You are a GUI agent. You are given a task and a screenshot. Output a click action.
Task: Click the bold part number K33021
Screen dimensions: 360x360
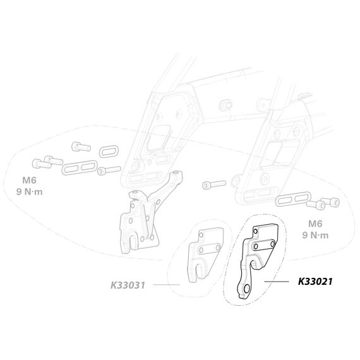pyautogui.click(x=315, y=281)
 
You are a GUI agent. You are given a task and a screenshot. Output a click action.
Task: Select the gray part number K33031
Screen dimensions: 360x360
pyautogui.click(x=128, y=285)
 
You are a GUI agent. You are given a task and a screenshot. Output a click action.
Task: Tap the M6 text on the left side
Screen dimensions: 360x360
pyautogui.click(x=30, y=180)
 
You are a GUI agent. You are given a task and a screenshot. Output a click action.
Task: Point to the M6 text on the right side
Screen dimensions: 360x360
pyautogui.click(x=315, y=224)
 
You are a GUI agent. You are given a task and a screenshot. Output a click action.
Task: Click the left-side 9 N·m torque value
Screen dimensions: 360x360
pyautogui.click(x=30, y=191)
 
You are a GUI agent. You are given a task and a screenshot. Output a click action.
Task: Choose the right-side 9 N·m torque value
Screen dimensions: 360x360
pyautogui.click(x=315, y=235)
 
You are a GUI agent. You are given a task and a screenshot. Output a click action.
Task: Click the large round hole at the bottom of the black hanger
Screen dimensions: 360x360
pyautogui.click(x=247, y=289)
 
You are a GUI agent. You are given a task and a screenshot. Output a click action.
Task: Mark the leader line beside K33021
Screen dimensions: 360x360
pyautogui.click(x=277, y=281)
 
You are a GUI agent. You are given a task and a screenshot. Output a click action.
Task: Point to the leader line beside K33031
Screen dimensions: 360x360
pyautogui.click(x=166, y=285)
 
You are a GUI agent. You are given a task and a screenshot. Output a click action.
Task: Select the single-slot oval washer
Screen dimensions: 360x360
pyautogui.click(x=109, y=152)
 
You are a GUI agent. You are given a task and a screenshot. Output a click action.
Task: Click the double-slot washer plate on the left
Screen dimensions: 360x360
pyautogui.click(x=80, y=167)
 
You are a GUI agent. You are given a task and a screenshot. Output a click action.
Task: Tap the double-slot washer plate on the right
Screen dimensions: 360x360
pyautogui.click(x=293, y=199)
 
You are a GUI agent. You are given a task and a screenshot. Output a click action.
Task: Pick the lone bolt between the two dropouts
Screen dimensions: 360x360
pyautogui.click(x=214, y=184)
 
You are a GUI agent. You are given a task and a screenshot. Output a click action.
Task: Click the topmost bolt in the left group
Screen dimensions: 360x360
pyautogui.click(x=81, y=147)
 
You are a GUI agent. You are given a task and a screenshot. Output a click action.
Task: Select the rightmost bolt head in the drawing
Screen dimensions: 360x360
pyautogui.click(x=334, y=202)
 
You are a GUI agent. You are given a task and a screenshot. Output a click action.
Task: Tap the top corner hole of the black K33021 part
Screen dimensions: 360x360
pyautogui.click(x=255, y=231)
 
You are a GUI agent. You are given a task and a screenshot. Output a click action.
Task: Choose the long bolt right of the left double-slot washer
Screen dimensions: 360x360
pyautogui.click(x=109, y=170)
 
